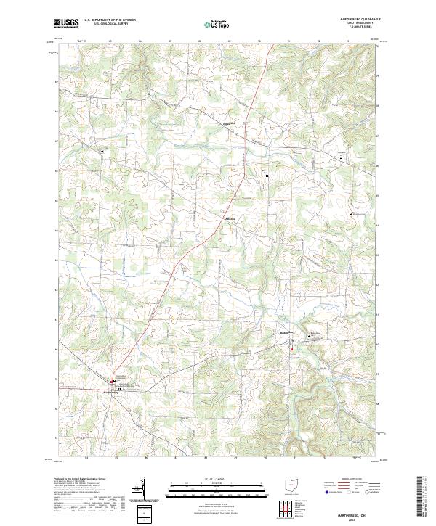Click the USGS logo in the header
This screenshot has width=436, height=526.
[x=67, y=23]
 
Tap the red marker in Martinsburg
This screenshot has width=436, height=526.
[x=112, y=381]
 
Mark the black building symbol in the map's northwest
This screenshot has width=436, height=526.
[x=102, y=151]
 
